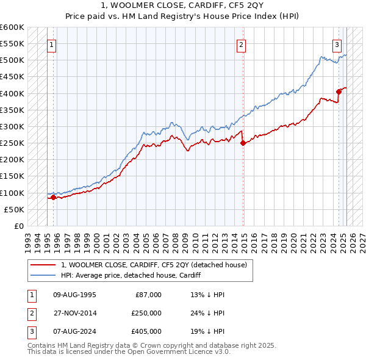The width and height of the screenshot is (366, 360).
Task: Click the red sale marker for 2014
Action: tap(243, 143)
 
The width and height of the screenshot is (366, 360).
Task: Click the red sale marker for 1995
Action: tap(53, 197)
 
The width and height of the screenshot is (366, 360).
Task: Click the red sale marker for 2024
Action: tap(339, 92)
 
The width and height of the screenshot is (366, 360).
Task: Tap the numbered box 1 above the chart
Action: tap(51, 44)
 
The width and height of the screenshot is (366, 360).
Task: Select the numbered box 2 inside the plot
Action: tap(242, 44)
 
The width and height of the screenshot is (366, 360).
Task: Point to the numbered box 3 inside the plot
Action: tap(337, 44)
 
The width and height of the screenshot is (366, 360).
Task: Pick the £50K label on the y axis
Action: tap(14, 209)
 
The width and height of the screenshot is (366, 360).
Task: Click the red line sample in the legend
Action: tap(43, 265)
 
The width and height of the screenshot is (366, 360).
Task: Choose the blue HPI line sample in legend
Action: tap(43, 275)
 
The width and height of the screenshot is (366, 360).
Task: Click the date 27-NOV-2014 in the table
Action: tap(74, 313)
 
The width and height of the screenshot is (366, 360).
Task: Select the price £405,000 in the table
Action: tap(146, 331)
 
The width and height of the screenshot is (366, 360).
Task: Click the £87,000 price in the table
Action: tap(148, 295)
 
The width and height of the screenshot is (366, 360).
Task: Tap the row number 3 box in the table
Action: tap(30, 331)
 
